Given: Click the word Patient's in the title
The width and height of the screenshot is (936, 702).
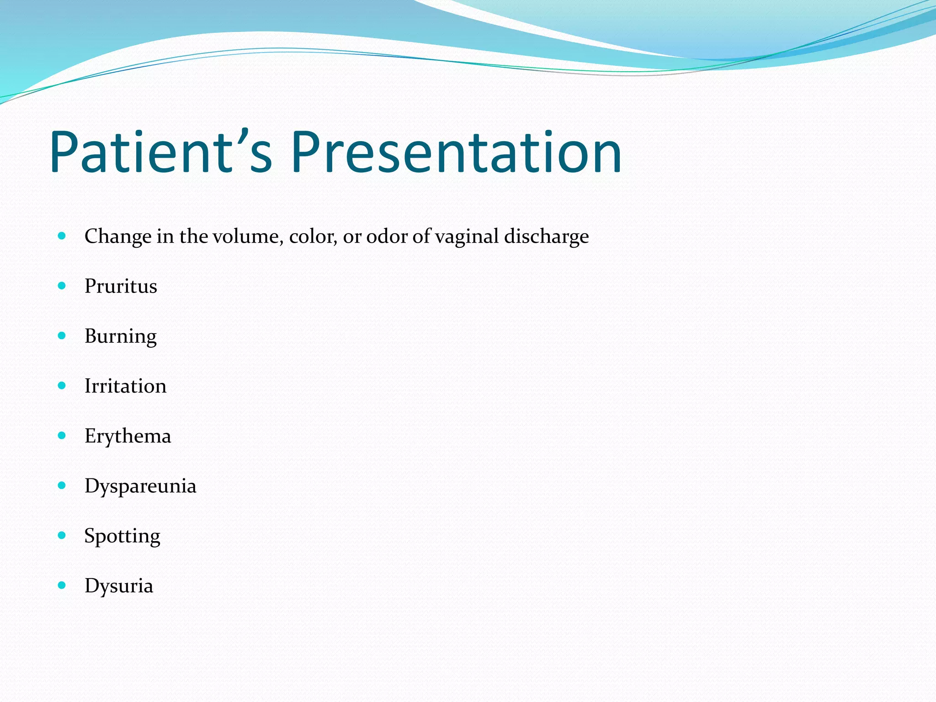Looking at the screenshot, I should pos(161,152).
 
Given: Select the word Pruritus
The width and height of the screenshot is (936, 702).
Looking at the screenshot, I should pos(121,287).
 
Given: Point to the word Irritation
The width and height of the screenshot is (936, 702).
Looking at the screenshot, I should pos(125,386).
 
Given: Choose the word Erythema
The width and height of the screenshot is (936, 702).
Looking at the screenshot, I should pos(128,436).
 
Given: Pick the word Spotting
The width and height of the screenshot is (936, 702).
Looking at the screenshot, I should pos(122,536).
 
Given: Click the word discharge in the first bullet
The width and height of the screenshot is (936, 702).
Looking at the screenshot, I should pos(546,237).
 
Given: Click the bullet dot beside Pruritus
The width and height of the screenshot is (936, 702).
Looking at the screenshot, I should pos(62,286).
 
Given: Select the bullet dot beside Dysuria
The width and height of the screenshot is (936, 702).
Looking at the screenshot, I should pos(62,585).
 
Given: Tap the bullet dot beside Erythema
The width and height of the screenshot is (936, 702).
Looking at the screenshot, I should pos(62,436).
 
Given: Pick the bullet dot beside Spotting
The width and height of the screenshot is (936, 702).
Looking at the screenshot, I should pos(62,535).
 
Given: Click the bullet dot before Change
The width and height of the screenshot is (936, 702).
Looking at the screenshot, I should pos(62,236).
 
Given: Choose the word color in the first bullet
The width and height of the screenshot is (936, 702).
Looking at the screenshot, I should pos(313,237).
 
